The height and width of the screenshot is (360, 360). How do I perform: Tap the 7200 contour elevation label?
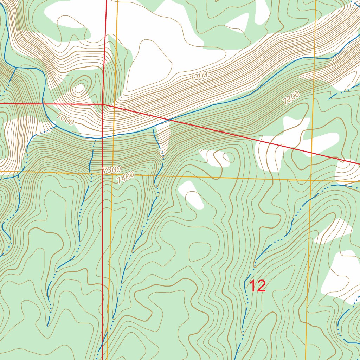tap(291, 98)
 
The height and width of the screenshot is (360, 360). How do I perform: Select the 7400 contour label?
tap(126, 178)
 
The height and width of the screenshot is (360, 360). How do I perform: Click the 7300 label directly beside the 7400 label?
tap(112, 170)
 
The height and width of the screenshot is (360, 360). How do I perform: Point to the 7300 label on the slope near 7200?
tap(199, 77)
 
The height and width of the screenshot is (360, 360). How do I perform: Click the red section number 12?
tap(257, 286)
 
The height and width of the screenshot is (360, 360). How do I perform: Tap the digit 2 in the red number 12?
tap(261, 286)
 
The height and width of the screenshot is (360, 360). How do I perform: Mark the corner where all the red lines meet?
tap(102, 104)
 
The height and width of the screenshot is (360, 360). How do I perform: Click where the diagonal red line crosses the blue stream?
tap(169, 120)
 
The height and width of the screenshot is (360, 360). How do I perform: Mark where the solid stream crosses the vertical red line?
tap(102, 137)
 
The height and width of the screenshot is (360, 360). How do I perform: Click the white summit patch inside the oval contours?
tap(80, 88)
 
